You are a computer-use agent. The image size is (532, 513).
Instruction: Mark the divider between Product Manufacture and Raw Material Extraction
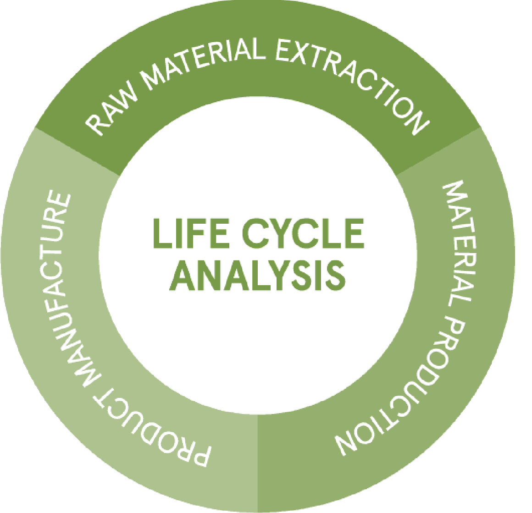(76, 151)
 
